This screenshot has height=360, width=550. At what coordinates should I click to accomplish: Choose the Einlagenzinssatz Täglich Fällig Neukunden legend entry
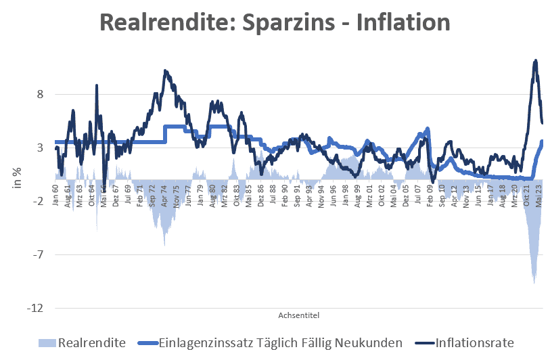[280, 342]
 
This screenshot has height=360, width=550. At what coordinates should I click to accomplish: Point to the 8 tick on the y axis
[40, 94]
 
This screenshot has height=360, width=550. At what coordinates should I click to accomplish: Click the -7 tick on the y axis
[38, 254]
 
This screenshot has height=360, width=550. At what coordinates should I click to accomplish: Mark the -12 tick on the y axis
[35, 308]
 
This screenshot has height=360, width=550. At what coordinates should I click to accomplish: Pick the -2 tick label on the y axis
[38, 201]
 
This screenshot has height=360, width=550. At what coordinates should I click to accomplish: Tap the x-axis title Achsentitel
[298, 315]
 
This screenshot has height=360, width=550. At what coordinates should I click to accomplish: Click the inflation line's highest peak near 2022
[536, 60]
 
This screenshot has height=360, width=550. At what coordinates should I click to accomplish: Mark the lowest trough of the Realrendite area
[534, 283]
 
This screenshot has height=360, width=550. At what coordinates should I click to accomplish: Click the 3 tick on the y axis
[40, 148]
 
